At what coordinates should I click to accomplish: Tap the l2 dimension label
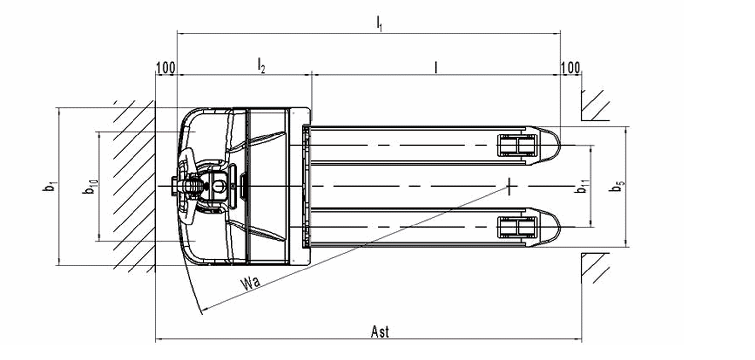coord(261,65)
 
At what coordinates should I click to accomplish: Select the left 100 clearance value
coord(166,68)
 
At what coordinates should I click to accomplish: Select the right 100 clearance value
coord(570,68)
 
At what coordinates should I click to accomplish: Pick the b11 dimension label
coord(582,186)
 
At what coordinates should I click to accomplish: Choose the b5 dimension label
coord(617,186)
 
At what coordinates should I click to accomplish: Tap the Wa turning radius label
coord(250,283)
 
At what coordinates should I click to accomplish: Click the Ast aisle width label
coord(380,332)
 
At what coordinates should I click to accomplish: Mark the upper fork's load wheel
coord(517,145)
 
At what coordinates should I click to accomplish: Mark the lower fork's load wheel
coord(517,227)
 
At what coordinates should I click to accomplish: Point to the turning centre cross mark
coord(509,186)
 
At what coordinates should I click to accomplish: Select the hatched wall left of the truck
coord(134,186)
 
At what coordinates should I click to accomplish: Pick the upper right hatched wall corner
coord(595,105)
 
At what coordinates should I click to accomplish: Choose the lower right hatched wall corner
coord(595,268)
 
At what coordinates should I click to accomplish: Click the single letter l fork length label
coord(436,67)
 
